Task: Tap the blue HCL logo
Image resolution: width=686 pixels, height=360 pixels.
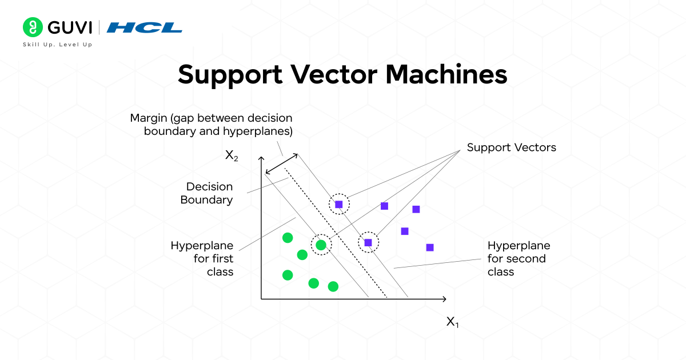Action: pyautogui.click(x=145, y=27)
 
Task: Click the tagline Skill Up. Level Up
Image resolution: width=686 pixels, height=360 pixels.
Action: pyautogui.click(x=57, y=45)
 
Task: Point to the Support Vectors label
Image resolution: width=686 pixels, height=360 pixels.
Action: pyautogui.click(x=511, y=147)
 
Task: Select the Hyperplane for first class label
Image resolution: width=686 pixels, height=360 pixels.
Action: pyautogui.click(x=202, y=258)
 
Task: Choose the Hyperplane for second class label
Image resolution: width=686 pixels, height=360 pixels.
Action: pyautogui.click(x=519, y=258)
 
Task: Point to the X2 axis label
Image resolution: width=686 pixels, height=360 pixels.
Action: pyautogui.click(x=232, y=156)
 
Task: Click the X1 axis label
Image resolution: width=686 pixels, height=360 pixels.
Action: pyautogui.click(x=452, y=322)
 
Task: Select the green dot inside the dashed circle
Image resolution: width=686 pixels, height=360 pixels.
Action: pyautogui.click(x=321, y=245)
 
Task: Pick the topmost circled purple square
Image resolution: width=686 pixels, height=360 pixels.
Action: pyautogui.click(x=338, y=204)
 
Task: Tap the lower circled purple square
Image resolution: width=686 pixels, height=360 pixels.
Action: pyautogui.click(x=368, y=243)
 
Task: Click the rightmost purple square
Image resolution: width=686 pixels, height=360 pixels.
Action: pyautogui.click(x=430, y=247)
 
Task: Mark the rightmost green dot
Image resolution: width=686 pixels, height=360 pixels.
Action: pyautogui.click(x=333, y=286)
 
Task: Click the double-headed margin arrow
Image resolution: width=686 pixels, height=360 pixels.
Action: pyautogui.click(x=281, y=162)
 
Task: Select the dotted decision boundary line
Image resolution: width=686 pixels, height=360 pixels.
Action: pyautogui.click(x=337, y=234)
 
